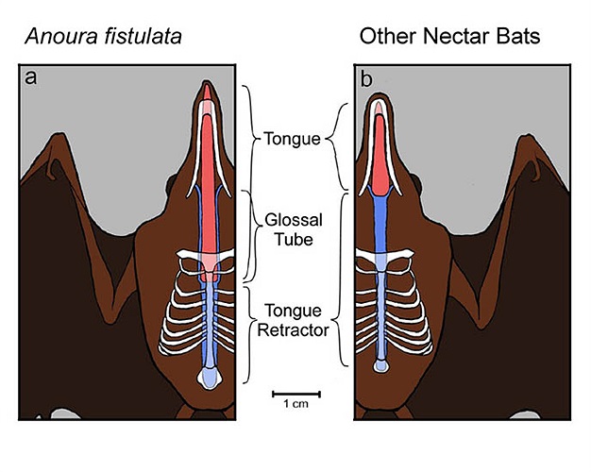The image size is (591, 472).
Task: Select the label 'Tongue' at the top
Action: (292, 139)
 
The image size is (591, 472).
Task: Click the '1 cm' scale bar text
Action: (295, 405)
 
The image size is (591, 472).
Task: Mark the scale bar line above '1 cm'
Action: (295, 392)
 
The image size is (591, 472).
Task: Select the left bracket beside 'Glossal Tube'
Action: (251, 236)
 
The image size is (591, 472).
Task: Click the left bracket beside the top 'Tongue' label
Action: (251, 139)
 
